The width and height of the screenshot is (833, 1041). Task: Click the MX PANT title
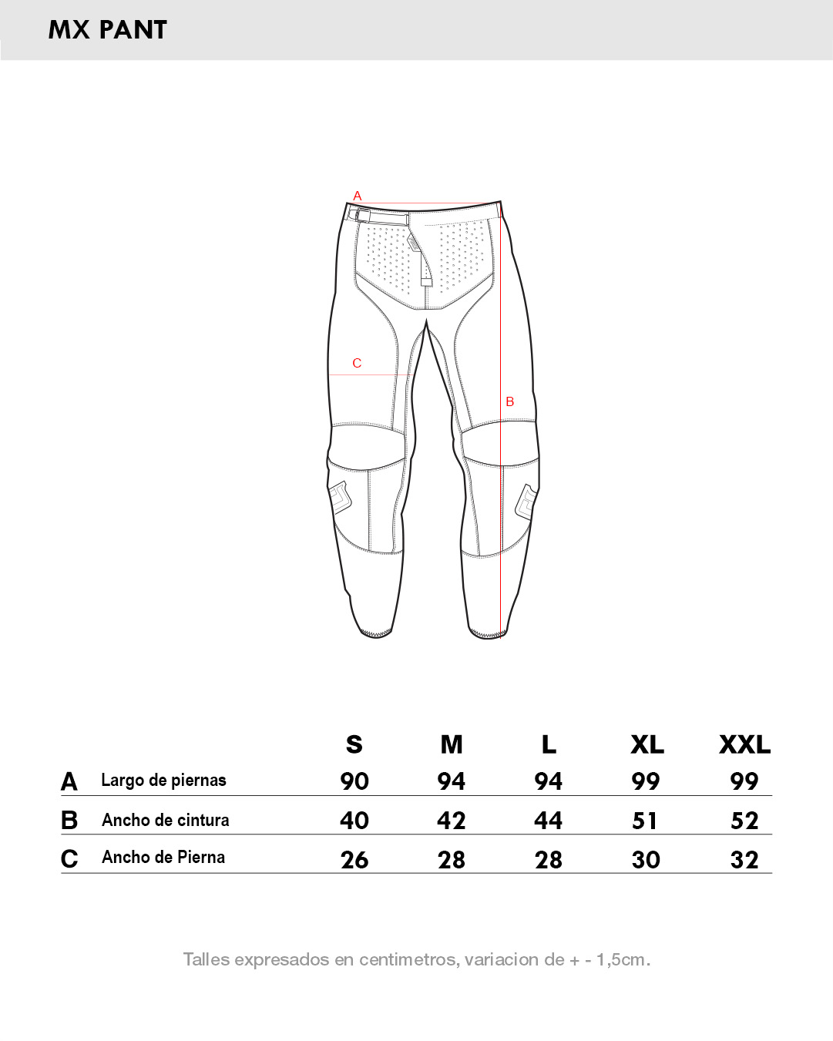coord(108,30)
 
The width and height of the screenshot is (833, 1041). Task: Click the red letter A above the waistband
coord(358,196)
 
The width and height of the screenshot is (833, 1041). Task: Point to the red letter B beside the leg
coord(510,401)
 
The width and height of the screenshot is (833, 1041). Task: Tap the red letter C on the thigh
coord(357,363)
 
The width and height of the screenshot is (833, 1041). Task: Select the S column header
coord(354,744)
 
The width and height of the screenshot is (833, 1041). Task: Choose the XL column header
coord(647,744)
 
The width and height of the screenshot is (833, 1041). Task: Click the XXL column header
coord(745,744)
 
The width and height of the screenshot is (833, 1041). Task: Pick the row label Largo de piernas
coord(163,781)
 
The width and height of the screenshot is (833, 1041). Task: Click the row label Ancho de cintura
coord(166,820)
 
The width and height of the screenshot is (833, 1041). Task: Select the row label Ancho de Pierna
coord(163,857)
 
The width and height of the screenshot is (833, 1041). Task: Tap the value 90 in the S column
coord(354,782)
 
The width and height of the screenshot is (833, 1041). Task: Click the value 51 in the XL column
coord(645,821)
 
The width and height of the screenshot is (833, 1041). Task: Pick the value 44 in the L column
coord(548,821)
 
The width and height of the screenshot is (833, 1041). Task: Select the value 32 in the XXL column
coord(744,860)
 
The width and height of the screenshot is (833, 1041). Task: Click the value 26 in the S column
coord(354,860)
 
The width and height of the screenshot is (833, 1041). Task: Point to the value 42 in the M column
coord(452,821)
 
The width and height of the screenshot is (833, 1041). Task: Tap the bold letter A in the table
coord(69,782)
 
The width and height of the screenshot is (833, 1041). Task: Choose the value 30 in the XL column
coord(646,860)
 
